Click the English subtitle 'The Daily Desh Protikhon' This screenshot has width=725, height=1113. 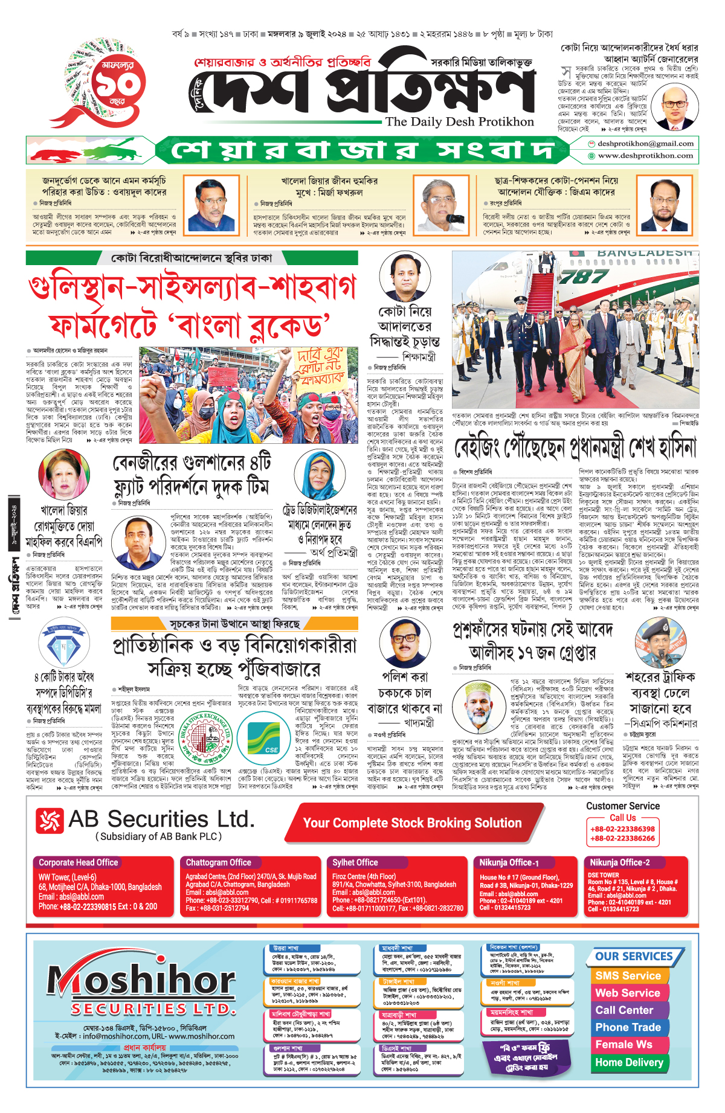(x=459, y=121)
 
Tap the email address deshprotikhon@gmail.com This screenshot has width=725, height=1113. (x=645, y=144)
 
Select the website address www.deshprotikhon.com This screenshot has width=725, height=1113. (x=645, y=156)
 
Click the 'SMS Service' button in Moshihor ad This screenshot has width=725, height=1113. (x=628, y=975)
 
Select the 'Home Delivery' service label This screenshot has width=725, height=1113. (x=629, y=1062)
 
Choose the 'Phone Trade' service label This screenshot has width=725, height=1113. (x=628, y=1027)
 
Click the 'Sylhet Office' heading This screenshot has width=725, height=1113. (x=355, y=862)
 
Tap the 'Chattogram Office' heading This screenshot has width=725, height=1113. (x=218, y=862)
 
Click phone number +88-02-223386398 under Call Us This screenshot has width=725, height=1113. (x=622, y=829)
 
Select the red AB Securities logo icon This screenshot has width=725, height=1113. (x=50, y=821)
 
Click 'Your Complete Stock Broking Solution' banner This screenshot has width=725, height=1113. (x=412, y=823)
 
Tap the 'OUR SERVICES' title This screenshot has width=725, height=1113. (x=634, y=957)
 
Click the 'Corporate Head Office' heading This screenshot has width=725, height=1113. (x=79, y=862)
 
